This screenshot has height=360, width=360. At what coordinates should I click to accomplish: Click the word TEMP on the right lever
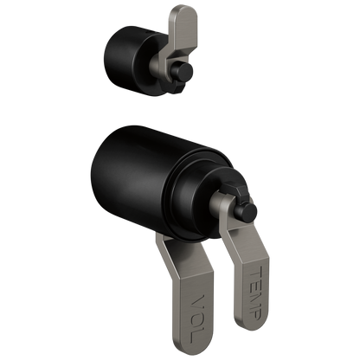coord(255,292)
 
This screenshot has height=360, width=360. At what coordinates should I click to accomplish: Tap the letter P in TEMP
coord(255,312)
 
